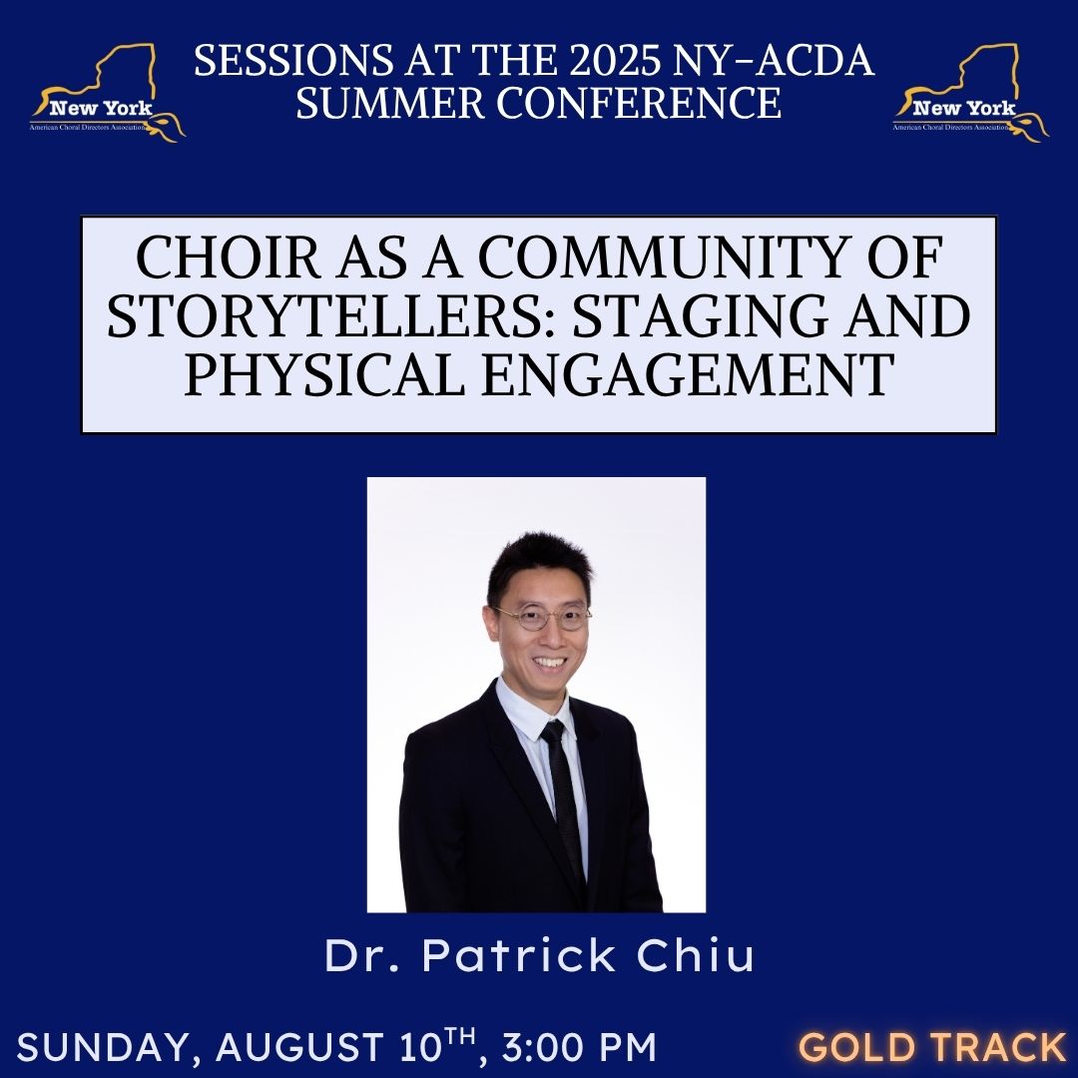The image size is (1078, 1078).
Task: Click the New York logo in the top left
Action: click(107, 93)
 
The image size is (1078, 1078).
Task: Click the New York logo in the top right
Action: click(970, 93)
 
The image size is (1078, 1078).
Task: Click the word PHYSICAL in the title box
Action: click(324, 374)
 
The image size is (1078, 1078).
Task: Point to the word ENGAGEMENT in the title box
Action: click(688, 374)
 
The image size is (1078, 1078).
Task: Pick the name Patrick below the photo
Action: click(519, 955)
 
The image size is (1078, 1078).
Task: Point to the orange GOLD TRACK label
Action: click(931, 1047)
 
